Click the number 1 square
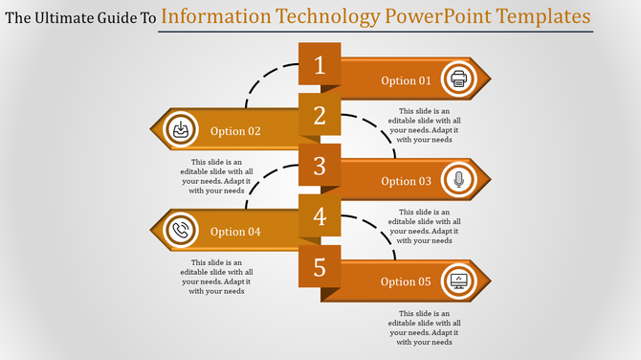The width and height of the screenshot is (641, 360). (320, 66)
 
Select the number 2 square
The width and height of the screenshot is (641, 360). (320, 117)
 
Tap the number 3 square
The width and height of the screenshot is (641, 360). (320, 167)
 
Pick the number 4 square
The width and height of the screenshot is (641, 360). (320, 216)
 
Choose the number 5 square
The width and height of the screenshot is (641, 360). (320, 266)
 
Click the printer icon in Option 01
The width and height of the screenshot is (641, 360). (459, 79)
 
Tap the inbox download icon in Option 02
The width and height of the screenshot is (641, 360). (180, 130)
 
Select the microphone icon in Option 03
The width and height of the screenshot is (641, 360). (459, 180)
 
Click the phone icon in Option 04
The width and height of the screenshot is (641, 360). (180, 231)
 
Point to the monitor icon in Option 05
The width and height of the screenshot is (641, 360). (459, 281)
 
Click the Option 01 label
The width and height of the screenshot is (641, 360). (406, 81)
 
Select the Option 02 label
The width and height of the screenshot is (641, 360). (235, 131)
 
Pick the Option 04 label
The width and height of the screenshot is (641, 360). (235, 232)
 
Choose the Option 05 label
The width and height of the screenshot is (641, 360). (406, 281)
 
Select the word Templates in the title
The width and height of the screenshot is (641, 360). (542, 17)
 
